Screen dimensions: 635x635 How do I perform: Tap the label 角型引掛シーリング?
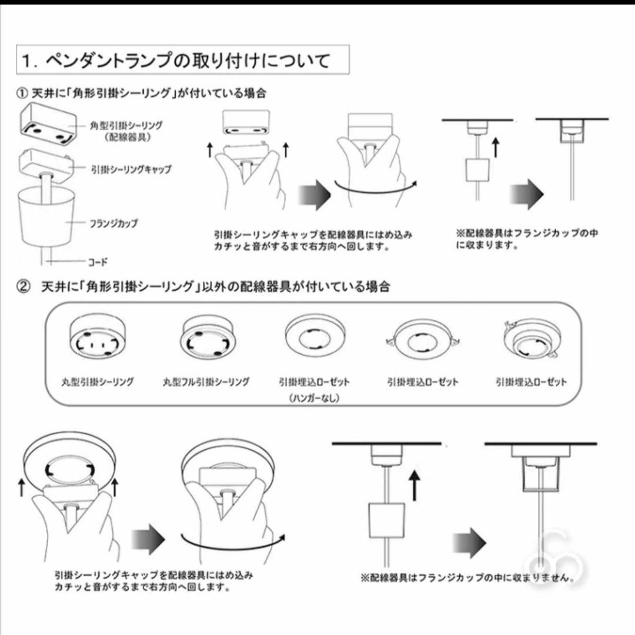coord(126,125)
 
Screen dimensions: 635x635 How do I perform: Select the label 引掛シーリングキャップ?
coord(131,169)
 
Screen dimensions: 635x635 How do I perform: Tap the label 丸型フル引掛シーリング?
coord(206,382)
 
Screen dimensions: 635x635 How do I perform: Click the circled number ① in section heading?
coord(22,93)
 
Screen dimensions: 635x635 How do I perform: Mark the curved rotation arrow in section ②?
coord(232,542)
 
